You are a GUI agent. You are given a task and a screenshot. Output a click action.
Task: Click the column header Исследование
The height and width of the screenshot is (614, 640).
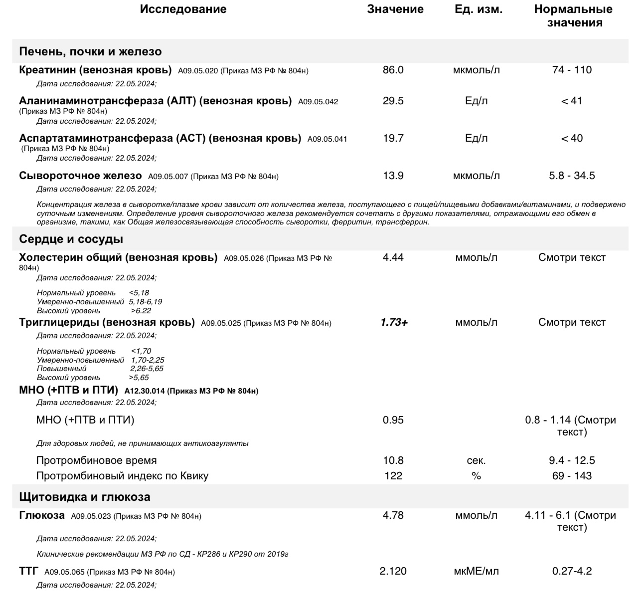click(183, 9)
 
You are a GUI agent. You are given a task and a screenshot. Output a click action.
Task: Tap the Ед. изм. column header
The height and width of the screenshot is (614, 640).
click(478, 9)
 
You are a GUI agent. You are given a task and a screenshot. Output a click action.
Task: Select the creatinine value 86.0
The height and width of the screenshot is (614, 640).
click(393, 70)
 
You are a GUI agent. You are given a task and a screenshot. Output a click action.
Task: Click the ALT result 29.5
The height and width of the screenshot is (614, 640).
click(393, 101)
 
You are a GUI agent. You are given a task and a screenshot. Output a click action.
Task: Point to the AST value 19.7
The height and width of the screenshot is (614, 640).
click(393, 138)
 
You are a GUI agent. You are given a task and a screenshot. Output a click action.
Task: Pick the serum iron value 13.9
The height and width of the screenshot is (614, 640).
click(393, 176)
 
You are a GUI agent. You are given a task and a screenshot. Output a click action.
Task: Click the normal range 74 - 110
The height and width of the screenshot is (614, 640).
click(572, 70)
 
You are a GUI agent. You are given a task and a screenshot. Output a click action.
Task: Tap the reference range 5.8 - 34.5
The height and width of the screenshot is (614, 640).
click(572, 176)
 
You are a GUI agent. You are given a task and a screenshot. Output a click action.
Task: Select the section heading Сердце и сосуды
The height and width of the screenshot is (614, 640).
click(71, 239)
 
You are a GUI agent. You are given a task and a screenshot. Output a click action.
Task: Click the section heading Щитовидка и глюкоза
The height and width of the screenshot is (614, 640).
click(84, 497)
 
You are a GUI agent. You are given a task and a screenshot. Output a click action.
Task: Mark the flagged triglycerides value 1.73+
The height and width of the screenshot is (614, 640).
click(394, 322)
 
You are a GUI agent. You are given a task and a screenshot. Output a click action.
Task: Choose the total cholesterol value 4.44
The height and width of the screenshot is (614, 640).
click(393, 257)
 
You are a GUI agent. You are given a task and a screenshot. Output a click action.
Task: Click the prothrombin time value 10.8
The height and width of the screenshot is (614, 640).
click(393, 460)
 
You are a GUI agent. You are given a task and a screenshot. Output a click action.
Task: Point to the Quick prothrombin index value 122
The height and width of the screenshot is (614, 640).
click(393, 476)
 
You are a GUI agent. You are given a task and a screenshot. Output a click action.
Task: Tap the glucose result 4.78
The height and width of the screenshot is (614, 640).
click(393, 515)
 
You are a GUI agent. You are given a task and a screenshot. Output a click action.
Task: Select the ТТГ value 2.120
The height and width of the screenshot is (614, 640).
click(393, 571)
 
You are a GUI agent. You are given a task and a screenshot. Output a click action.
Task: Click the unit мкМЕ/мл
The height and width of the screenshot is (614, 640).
click(476, 571)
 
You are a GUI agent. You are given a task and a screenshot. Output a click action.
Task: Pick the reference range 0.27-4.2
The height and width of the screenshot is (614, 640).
click(572, 571)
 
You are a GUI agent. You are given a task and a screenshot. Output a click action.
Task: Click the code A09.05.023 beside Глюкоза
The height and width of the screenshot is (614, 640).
click(91, 516)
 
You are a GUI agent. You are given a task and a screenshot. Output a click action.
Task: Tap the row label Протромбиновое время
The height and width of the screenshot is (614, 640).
click(96, 460)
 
